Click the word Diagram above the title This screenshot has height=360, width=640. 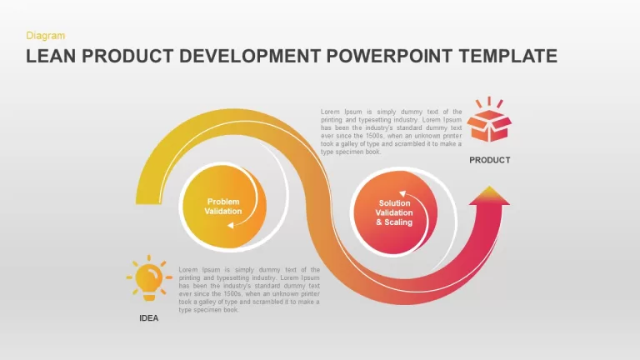45,36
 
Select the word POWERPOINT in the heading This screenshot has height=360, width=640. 389,57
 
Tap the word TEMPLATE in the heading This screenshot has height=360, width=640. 507,57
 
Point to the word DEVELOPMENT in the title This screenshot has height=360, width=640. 250,57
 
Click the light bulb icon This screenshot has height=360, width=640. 149,277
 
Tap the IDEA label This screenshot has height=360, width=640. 149,318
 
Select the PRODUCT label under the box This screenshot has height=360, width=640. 490,160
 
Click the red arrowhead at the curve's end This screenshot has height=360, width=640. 489,196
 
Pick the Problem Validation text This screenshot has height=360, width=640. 223,207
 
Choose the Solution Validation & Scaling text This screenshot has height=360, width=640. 394,212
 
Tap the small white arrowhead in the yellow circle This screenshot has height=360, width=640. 231,225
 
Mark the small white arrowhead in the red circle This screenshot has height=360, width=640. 402,193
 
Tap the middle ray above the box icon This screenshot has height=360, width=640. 489,101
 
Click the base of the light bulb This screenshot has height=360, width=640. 149,297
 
